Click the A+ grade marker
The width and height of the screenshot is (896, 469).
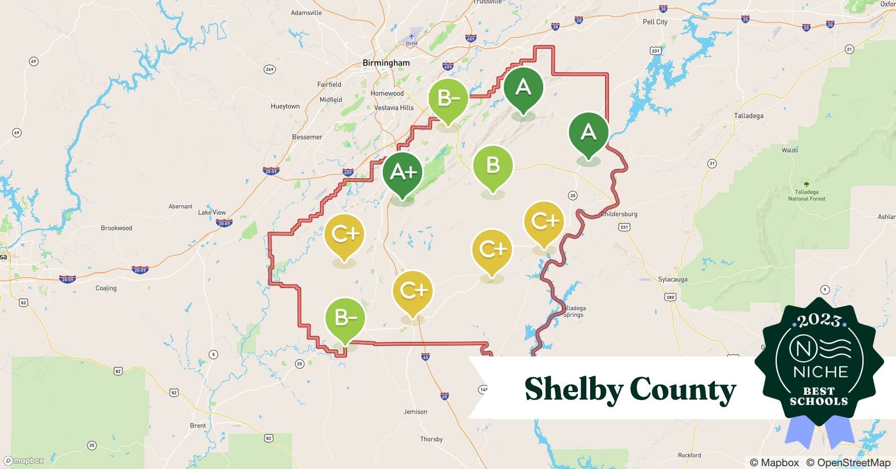point(402,173)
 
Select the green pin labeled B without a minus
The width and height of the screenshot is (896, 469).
point(493,166)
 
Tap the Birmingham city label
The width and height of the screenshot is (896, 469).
point(386,63)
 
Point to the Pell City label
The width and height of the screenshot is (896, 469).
point(655,22)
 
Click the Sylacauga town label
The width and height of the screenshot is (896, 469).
point(673,279)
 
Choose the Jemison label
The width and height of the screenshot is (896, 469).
point(415,412)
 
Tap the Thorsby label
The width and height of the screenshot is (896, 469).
point(431,439)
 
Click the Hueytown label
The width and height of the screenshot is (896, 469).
point(285,106)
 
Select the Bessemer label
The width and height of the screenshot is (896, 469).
point(307,137)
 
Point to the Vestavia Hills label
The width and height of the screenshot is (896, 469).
point(394,107)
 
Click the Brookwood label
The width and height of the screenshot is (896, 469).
point(116,228)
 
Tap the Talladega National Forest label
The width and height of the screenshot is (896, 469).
point(806,195)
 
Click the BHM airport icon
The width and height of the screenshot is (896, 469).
point(411,37)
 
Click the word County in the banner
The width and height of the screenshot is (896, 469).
point(683,389)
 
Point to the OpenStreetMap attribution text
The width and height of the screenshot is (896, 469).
point(848,462)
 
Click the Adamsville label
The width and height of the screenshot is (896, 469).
point(306,13)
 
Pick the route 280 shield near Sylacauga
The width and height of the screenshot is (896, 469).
point(670,297)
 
